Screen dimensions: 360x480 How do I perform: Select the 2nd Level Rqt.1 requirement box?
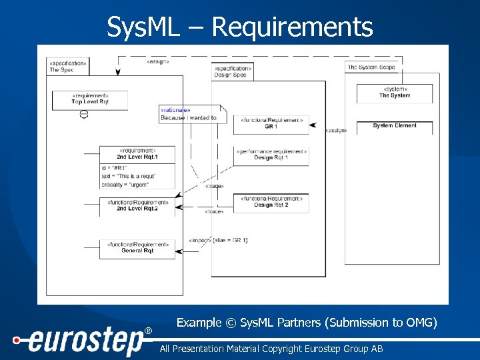[137, 154]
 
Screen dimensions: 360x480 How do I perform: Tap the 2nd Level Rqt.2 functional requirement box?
[137, 205]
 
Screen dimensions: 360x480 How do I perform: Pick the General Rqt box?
[137, 248]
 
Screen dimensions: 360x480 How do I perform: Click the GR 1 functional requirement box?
[271, 123]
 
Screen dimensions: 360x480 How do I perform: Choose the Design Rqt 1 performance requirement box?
[271, 155]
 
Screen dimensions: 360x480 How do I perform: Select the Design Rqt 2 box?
[271, 203]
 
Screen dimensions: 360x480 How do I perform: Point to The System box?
[395, 93]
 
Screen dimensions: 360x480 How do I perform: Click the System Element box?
[395, 126]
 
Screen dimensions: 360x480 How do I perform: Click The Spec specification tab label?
[67, 66]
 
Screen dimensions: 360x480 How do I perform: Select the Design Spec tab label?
[232, 71]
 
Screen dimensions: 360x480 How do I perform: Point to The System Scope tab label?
[371, 67]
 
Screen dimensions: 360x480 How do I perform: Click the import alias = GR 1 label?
[219, 240]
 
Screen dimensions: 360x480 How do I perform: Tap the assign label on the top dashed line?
[158, 62]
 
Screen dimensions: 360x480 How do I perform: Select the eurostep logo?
[80, 342]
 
